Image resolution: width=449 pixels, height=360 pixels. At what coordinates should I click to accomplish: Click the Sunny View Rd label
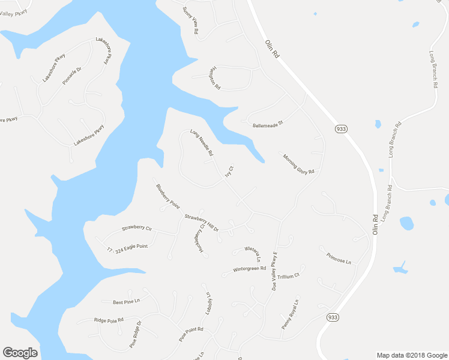[191, 20]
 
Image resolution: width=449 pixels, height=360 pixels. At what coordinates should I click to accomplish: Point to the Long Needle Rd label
[202, 143]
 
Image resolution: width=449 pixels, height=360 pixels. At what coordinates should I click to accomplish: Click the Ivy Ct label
[228, 172]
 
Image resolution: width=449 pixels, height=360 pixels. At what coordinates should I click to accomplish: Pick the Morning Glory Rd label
[299, 164]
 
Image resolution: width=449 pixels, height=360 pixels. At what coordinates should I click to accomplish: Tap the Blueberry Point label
[167, 196]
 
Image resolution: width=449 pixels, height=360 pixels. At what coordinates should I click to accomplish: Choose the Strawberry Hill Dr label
[202, 223]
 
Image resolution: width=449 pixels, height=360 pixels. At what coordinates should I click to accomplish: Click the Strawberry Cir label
[137, 228]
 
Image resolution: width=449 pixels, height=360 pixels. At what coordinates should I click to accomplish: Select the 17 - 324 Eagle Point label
[127, 248]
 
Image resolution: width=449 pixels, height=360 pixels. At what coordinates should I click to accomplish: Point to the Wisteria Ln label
[253, 254]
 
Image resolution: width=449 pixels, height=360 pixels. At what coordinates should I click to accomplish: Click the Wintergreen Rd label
[249, 269]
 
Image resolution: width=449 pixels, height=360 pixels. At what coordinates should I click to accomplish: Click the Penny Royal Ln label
[289, 314]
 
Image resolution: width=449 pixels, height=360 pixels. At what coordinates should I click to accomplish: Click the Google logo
[20, 353]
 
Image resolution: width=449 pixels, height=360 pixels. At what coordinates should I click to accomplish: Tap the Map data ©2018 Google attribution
[411, 355]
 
